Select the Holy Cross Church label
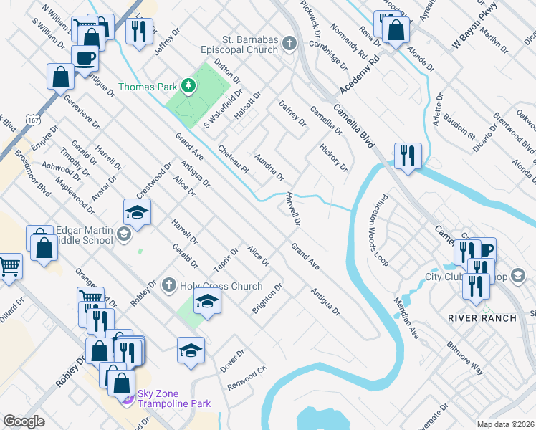pos(221,286)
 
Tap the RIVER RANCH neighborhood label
pos(482,317)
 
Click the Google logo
pos(24,421)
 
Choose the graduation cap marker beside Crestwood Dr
pos(137,212)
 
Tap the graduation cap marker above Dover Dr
pos(191,350)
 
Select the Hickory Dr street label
pos(334,158)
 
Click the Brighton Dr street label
pos(267,298)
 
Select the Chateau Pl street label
pos(233,160)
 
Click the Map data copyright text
pos(505,424)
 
